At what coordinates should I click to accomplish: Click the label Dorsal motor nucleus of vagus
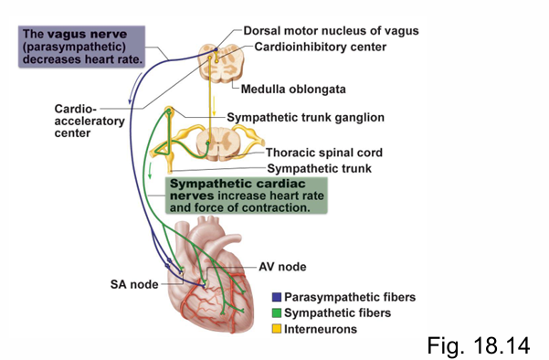click(330, 30)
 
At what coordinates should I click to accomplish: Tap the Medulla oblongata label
click(297, 90)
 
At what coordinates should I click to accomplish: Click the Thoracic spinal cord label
click(323, 153)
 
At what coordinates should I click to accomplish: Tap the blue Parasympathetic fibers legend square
click(275, 298)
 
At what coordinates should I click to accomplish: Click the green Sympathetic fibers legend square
click(275, 313)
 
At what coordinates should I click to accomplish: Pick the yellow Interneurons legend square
click(275, 329)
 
